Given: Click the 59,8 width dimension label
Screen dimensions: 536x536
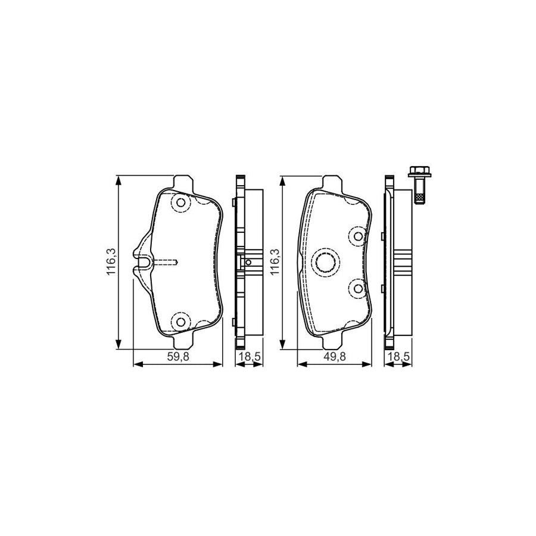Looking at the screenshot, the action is pos(177,357).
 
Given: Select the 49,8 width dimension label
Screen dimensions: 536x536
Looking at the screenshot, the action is pos(334,357).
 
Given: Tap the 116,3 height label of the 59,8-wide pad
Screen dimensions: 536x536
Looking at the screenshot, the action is pos(112,262).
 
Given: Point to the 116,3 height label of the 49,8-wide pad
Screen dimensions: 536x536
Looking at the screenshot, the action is pos(275,262).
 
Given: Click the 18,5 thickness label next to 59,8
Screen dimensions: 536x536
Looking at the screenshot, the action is pos(250,357).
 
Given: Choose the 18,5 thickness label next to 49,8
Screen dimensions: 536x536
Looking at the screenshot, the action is pos(398,357).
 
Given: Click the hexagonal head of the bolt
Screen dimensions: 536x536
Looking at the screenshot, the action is pos(419,172).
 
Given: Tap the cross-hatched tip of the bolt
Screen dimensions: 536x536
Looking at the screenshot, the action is pos(419,198).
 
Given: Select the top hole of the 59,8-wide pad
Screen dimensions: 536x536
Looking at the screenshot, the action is pos(180,202).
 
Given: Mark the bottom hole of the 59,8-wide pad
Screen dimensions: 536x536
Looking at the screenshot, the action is pos(180,322).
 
